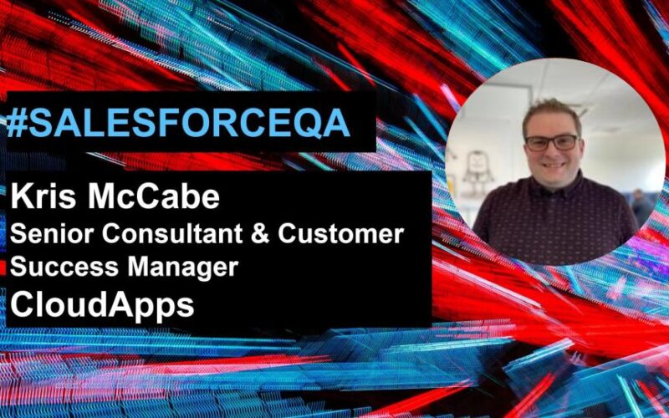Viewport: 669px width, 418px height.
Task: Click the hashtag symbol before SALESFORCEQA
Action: click(x=18, y=124)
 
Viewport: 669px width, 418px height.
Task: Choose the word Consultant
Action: click(x=172, y=234)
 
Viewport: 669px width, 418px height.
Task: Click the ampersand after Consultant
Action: click(x=260, y=234)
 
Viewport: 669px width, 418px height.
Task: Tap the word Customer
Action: click(x=341, y=234)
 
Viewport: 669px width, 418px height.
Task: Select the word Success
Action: click(x=64, y=267)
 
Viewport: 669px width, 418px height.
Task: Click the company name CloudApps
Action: click(x=102, y=306)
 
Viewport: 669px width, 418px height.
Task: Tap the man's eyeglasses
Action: click(x=552, y=142)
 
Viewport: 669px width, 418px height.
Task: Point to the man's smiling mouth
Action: click(x=553, y=165)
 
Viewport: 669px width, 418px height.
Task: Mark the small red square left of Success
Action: click(x=3, y=268)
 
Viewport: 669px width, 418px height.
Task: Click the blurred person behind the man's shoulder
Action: click(x=640, y=205)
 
